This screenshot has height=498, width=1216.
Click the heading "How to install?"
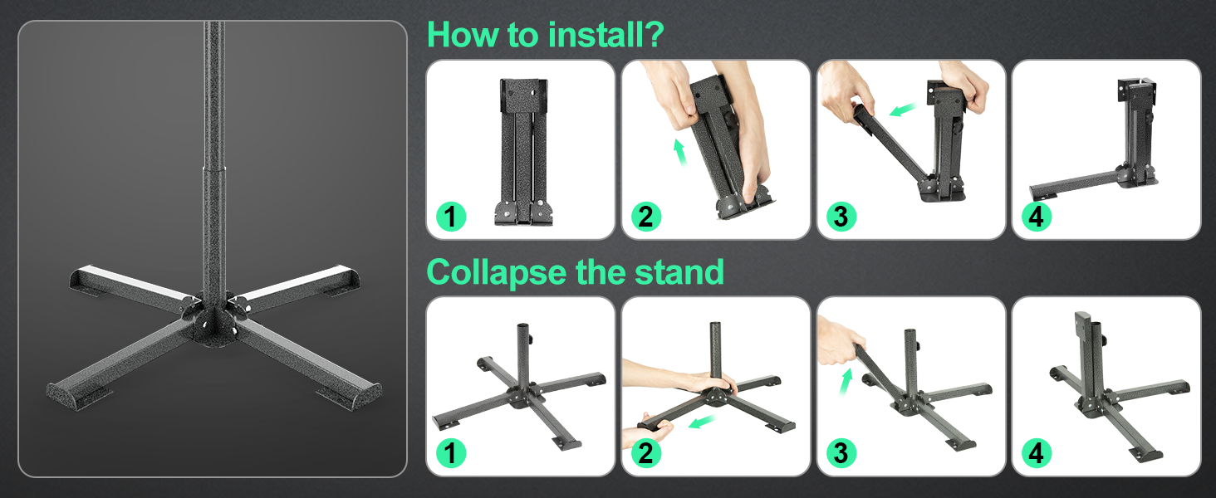click(545, 34)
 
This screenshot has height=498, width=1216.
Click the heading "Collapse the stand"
click(575, 271)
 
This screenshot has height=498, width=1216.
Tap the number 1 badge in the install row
click(451, 217)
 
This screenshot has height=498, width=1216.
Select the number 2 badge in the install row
click(646, 217)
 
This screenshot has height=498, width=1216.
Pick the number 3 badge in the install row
click(841, 217)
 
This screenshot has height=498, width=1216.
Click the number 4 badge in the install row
click(1037, 217)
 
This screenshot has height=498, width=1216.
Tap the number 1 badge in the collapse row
click(451, 453)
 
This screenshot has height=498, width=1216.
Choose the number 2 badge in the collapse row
click(646, 453)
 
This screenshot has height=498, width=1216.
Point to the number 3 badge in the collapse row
click(841, 453)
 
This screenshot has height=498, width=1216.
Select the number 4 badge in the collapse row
click(1037, 453)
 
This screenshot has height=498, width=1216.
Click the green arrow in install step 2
click(679, 153)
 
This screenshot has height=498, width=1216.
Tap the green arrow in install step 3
click(903, 110)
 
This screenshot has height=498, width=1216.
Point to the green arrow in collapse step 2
click(701, 422)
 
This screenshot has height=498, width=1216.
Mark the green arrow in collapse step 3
click(846, 382)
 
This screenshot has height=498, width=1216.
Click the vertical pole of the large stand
click(214, 163)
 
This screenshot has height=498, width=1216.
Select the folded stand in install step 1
click(524, 152)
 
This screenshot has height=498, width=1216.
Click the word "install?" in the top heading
click(606, 34)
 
